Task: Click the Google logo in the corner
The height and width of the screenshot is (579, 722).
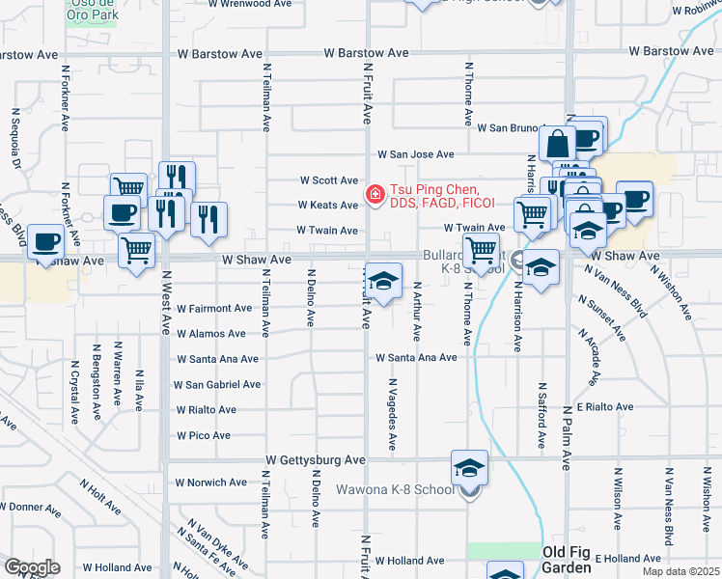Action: [32, 567]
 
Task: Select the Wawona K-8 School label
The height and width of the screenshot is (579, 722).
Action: [394, 489]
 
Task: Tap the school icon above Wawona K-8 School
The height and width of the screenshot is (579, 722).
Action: [470, 469]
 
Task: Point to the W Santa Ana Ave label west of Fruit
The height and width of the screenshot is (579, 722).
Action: [217, 359]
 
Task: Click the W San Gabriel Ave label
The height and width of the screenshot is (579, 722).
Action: [217, 384]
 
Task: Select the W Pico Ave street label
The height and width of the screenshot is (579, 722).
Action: [203, 435]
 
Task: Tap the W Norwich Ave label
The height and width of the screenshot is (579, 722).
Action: [210, 482]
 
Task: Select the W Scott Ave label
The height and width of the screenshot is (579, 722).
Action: [328, 180]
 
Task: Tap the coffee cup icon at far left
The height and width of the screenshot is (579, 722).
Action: [45, 241]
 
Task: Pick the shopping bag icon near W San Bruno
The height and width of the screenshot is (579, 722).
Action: [557, 145]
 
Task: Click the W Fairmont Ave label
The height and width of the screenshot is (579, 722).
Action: [213, 309]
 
